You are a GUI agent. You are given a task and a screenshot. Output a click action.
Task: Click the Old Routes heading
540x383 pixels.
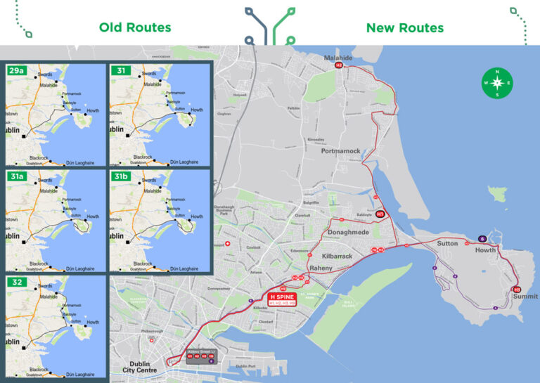click(135, 27)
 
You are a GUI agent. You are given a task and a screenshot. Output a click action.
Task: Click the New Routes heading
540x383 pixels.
click(404, 28)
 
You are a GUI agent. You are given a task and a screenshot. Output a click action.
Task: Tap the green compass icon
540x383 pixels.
click(497, 83)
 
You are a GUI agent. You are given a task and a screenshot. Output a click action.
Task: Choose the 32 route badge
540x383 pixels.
click(15, 281)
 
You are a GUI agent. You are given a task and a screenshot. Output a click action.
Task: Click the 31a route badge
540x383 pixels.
click(16, 176)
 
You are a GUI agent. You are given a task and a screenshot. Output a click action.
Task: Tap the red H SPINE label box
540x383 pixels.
click(283, 299)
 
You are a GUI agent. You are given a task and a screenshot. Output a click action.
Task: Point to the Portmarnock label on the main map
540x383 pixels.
click(340, 151)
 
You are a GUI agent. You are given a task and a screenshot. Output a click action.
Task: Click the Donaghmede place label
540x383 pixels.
click(348, 231)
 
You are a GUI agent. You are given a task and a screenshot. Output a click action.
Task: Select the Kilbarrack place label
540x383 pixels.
click(336, 257)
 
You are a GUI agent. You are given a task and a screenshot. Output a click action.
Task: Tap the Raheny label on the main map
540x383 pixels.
click(322, 268)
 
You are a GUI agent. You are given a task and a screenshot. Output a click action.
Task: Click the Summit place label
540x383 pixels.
click(525, 297)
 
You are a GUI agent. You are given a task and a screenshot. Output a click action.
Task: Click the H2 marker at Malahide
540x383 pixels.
click(338, 65)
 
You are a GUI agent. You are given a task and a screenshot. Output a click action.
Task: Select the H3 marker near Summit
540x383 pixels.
click(517, 289)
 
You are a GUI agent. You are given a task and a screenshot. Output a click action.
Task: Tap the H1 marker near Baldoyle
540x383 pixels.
click(380, 214)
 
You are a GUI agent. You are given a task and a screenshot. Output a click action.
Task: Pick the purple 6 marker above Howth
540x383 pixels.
click(482, 239)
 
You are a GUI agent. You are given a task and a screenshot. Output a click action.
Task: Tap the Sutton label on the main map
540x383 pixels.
click(447, 244)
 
